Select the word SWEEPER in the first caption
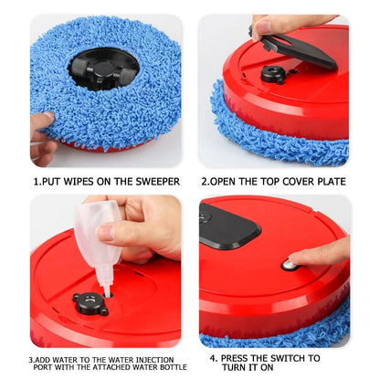click(x=155, y=181)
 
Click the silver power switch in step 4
click(x=289, y=264)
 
